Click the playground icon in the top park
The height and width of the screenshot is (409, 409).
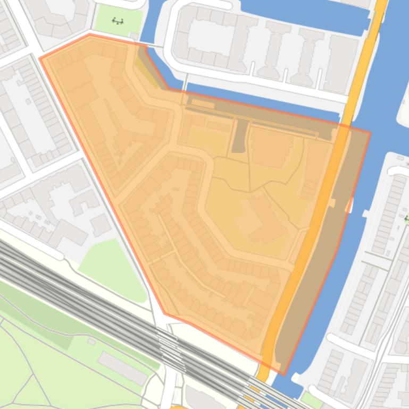tap(118, 21)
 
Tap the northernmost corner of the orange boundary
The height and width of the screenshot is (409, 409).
tap(89, 34)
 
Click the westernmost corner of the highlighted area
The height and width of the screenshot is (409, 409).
tap(40, 58)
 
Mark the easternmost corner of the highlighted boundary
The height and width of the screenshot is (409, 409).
tap(370, 133)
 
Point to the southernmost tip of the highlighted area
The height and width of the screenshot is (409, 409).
tap(283, 375)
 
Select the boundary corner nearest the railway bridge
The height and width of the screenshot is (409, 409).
tap(164, 314)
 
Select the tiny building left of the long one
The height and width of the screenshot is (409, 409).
tap(91, 342)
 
